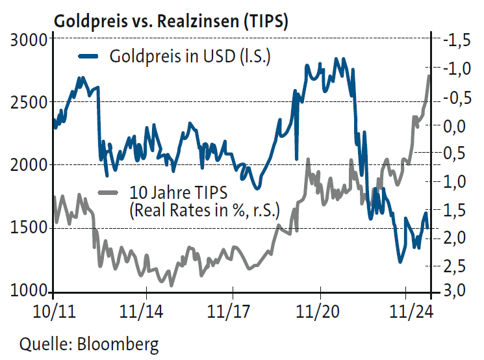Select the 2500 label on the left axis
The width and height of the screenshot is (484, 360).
(x=30, y=102)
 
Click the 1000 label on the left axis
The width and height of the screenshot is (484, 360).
(x=30, y=291)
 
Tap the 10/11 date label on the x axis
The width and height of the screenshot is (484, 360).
(x=54, y=310)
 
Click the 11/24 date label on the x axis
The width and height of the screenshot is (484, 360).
(x=407, y=310)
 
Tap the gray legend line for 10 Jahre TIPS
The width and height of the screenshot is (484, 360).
(x=107, y=192)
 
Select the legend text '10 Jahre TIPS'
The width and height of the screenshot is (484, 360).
(x=173, y=193)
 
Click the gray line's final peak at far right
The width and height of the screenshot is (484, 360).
(x=429, y=76)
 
